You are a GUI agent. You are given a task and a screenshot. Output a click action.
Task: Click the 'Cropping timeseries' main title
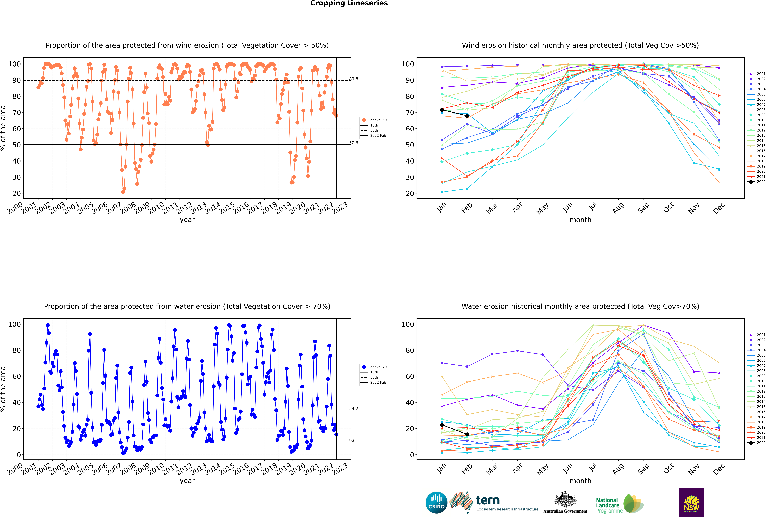(349, 3)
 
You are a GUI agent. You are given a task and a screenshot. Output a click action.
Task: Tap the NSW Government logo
(691, 503)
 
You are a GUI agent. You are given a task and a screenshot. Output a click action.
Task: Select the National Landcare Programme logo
(620, 503)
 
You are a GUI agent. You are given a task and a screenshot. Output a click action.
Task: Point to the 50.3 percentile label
(354, 143)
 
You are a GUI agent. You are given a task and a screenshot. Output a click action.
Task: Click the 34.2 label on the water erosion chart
(354, 408)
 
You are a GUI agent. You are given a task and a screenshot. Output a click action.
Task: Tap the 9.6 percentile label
(353, 440)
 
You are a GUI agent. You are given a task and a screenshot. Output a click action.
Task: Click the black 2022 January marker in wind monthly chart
(442, 110)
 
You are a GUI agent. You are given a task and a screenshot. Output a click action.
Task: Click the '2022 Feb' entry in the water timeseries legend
(378, 382)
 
